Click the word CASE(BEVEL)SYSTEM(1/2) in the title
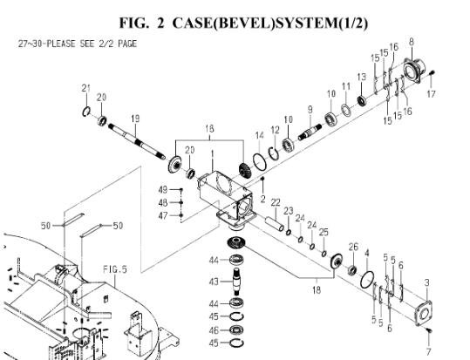coord(270,24)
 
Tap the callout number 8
coord(412,42)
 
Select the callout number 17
coord(431,94)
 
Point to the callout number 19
coord(135,119)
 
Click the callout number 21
coord(86,88)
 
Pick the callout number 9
coord(310,110)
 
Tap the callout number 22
coord(276,202)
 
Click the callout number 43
coord(214,282)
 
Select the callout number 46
coord(214,330)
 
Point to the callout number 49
coord(163,190)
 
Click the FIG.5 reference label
coord(115,269)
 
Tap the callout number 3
coord(427,282)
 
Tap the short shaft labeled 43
coord(237,282)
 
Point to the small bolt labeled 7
coord(429,330)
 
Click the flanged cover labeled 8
coord(414,71)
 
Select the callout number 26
coord(353,247)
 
